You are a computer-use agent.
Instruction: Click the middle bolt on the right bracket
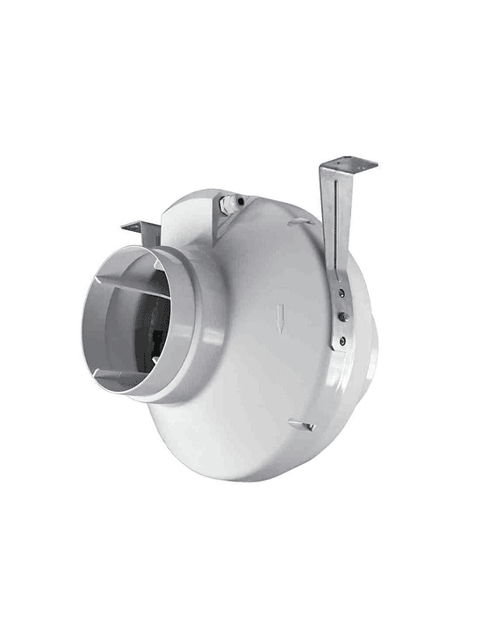(x=342, y=317)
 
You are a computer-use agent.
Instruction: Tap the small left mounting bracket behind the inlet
(x=141, y=231)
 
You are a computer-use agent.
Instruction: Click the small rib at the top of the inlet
(x=154, y=262)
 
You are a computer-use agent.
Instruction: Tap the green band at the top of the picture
(x=241, y=40)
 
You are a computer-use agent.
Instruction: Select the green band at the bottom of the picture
(x=241, y=603)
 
